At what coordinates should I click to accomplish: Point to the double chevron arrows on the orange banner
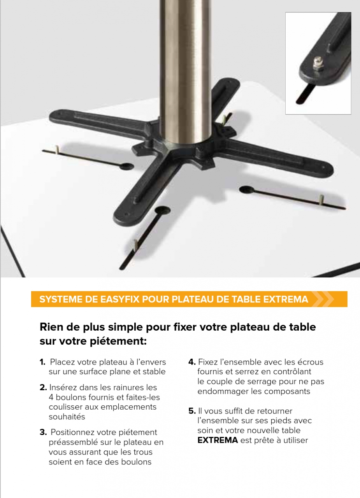coord(323,299)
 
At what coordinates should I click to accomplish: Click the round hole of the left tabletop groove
coord(127,166)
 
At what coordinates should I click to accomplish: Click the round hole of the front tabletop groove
coord(163,210)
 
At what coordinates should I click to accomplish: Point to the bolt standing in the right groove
coord(321,200)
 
